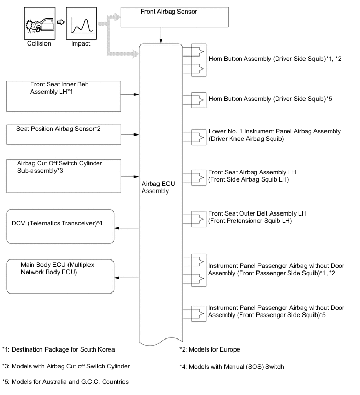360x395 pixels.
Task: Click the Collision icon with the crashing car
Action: (x=39, y=22)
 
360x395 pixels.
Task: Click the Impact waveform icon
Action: (x=82, y=22)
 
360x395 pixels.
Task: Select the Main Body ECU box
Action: (x=61, y=276)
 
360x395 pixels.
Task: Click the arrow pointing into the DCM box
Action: (x=126, y=228)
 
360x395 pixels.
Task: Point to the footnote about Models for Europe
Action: (x=209, y=349)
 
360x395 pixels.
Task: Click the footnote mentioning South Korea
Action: (x=58, y=349)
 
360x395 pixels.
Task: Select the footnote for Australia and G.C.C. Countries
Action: (x=65, y=382)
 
